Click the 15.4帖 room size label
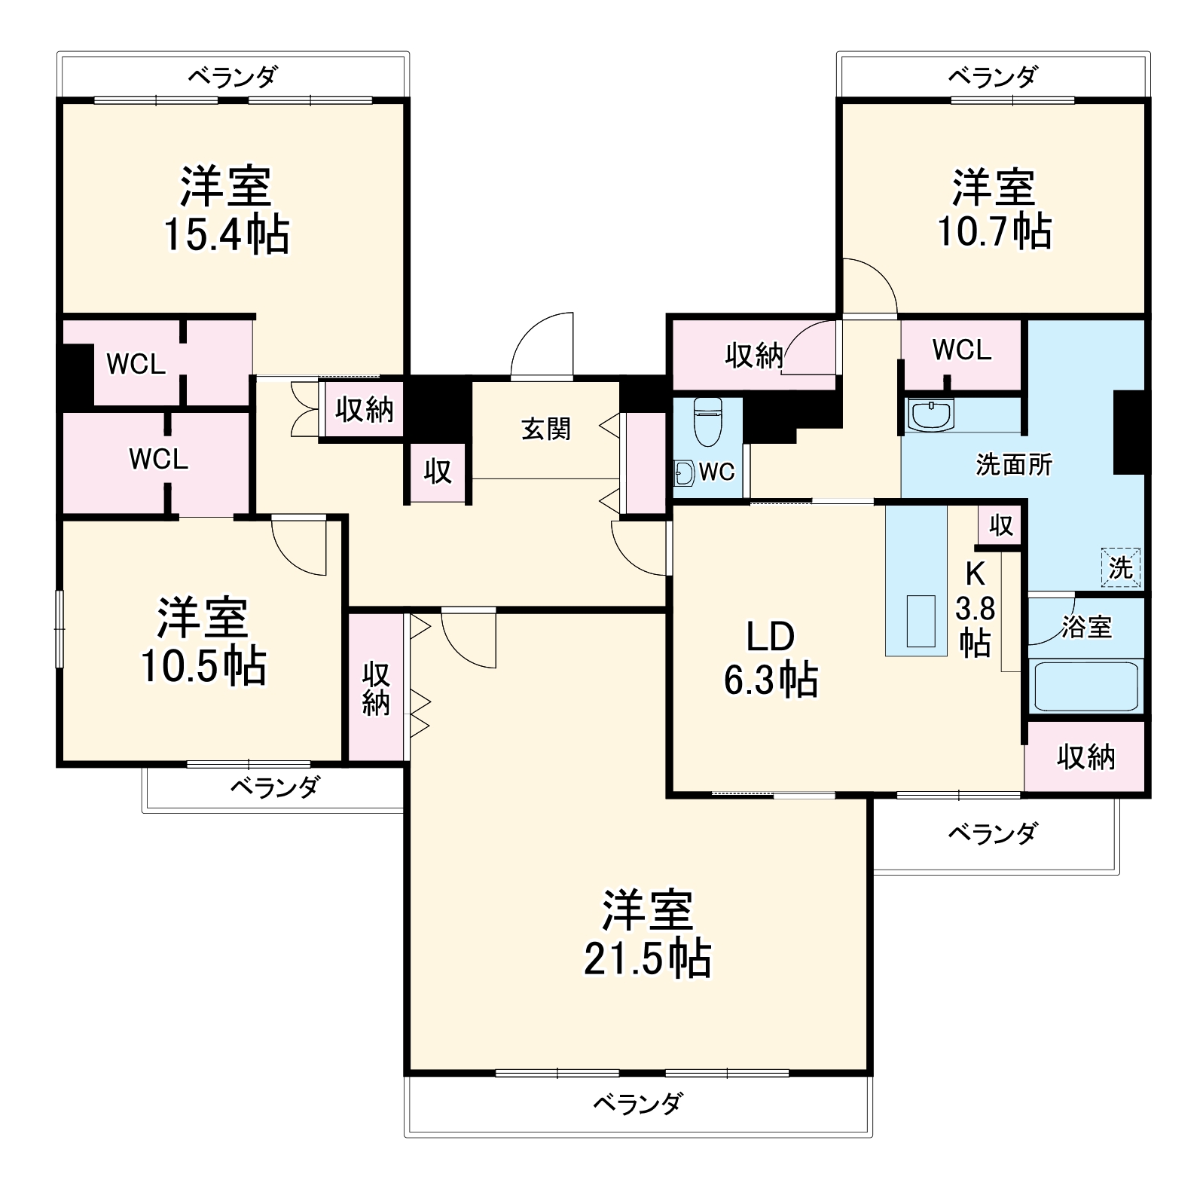tap(226, 235)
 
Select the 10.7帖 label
tap(994, 231)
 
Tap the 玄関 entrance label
tap(546, 429)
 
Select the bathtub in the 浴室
tap(1085, 686)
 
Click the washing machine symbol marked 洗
tap(1120, 567)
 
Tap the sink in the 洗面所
tap(931, 414)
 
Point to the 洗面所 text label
tap(1014, 466)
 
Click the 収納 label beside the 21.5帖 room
tap(376, 688)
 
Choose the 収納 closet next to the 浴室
tap(1085, 756)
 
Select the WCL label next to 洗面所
tap(961, 350)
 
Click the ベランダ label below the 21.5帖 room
tap(637, 1104)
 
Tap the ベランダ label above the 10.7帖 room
tap(993, 76)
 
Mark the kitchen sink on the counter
tap(921, 621)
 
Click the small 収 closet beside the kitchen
tap(1000, 525)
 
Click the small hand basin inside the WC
tap(684, 473)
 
